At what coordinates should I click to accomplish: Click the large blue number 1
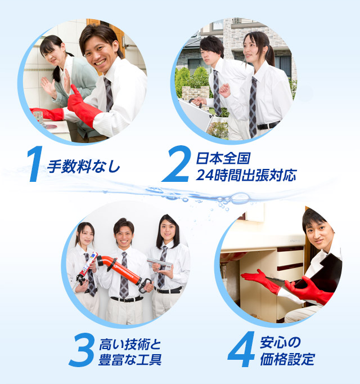(35, 165)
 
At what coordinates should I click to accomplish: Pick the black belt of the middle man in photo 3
(126, 299)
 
